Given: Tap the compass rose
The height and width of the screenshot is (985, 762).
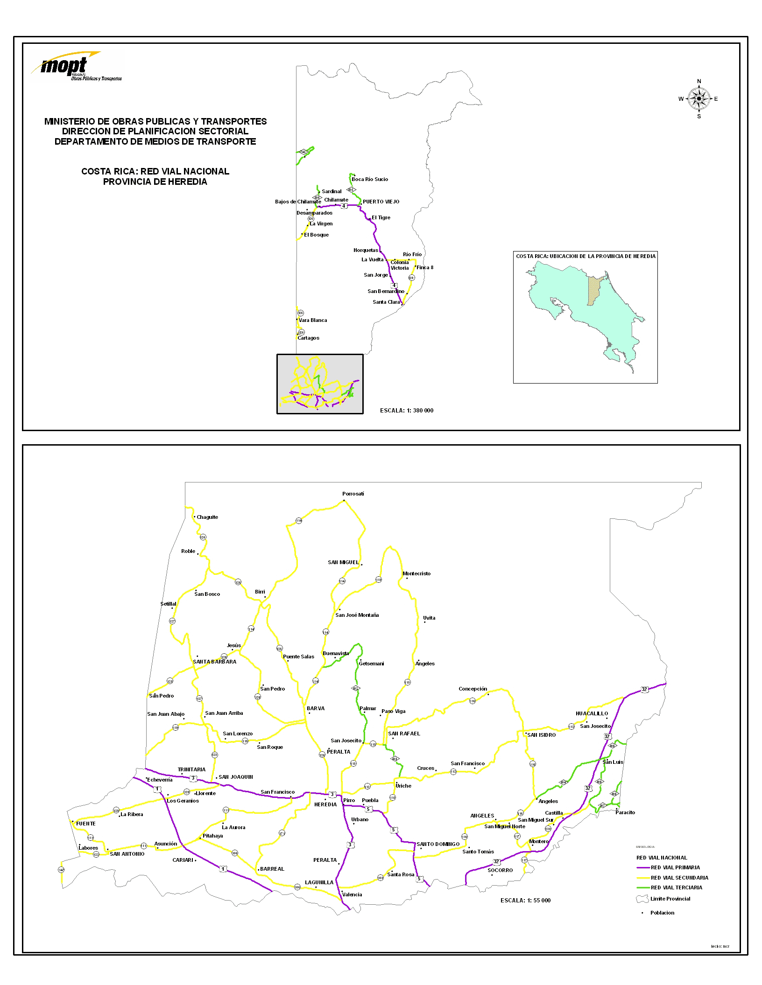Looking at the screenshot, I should [698, 99].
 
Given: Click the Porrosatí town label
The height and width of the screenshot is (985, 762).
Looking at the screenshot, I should [353, 494].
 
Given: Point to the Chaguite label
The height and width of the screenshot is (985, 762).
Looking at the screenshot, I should [207, 517].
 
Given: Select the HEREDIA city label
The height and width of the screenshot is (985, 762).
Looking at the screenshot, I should [325, 804].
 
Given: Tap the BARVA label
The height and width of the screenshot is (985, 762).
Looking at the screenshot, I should [316, 708].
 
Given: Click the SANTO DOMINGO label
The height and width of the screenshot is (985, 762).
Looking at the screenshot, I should [438, 844].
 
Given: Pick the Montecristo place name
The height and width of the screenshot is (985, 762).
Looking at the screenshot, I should [416, 573].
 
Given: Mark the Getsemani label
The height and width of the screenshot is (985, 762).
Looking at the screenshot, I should [371, 664].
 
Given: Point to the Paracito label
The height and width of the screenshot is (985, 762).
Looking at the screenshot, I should [625, 812].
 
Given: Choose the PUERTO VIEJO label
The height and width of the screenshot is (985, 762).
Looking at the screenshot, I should [381, 202].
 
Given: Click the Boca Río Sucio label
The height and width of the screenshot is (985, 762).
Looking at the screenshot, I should [370, 179].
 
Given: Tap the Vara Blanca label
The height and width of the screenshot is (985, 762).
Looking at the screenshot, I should [313, 320].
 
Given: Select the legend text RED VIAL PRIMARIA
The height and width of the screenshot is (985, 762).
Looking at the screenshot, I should [675, 867].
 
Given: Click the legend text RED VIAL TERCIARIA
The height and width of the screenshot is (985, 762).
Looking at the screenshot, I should [676, 887].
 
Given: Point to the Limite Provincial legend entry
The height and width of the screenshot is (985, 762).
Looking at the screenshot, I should [670, 899].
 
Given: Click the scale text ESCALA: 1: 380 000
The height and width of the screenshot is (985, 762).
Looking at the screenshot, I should [407, 411].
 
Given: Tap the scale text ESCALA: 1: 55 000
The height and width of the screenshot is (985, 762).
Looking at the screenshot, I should [525, 900].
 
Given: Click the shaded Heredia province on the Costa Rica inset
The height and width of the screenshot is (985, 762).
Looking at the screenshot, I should [593, 291].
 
